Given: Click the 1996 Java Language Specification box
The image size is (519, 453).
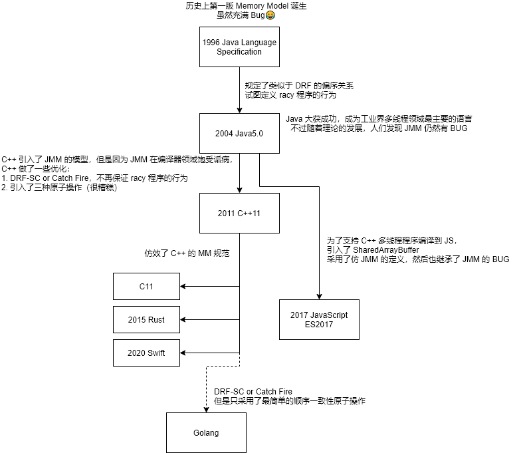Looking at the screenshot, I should click(239, 47).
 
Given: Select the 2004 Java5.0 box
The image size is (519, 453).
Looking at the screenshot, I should click(239, 133).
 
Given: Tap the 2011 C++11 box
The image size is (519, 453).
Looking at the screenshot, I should click(239, 213).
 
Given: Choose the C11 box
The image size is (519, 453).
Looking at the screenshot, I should click(146, 287).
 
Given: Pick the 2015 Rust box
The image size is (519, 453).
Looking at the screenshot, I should click(146, 319).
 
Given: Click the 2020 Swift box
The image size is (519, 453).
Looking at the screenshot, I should click(146, 353).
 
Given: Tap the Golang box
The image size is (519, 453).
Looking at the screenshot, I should click(206, 433).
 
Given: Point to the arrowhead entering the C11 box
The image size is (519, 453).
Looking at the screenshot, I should click(184, 287).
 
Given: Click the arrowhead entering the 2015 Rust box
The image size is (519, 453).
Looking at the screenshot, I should click(184, 319).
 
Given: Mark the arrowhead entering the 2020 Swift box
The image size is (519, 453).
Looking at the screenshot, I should click(184, 353).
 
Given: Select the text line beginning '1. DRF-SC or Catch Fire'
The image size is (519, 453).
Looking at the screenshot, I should click(95, 178).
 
